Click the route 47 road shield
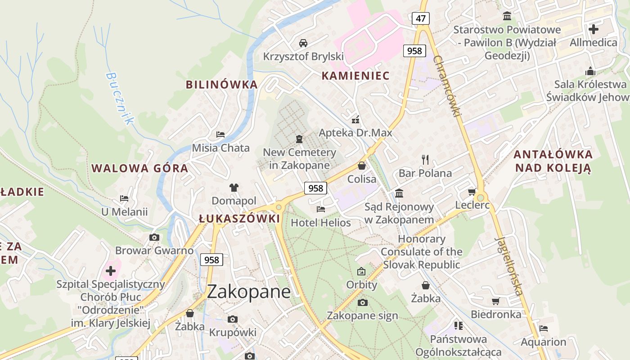(420, 18)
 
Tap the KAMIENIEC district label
(355, 76)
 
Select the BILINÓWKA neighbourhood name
(222, 85)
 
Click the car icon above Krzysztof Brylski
(303, 43)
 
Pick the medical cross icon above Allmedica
(594, 29)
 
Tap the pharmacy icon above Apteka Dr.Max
(355, 120)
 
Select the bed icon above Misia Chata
(220, 135)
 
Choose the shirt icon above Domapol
(234, 188)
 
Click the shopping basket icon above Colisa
(362, 166)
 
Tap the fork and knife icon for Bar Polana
(425, 159)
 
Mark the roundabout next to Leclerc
(481, 197)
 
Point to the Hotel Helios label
(321, 222)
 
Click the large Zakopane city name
(249, 292)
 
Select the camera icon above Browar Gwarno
(154, 237)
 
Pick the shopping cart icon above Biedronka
(495, 301)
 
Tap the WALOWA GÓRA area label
(140, 169)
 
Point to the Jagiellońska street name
(509, 266)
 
